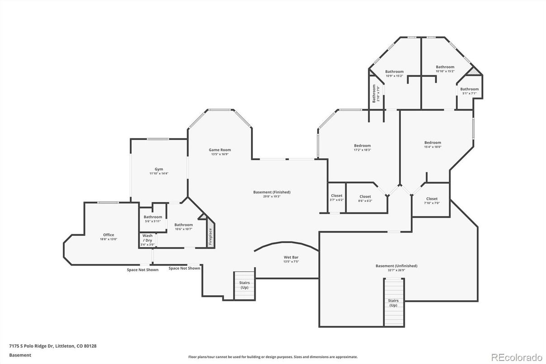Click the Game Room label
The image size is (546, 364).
pos(220,150)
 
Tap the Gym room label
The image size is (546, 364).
pos(159,169)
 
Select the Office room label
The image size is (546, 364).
pos(109,235)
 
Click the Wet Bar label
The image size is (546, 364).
pos(290,257)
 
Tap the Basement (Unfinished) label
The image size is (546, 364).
pos(396,266)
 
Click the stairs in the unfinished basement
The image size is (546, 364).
pos(394,302)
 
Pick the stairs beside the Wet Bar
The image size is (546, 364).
pos(244,285)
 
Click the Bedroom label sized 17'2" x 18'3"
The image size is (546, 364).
pos(362,145)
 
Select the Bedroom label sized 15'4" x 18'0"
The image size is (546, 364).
pos(432,143)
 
